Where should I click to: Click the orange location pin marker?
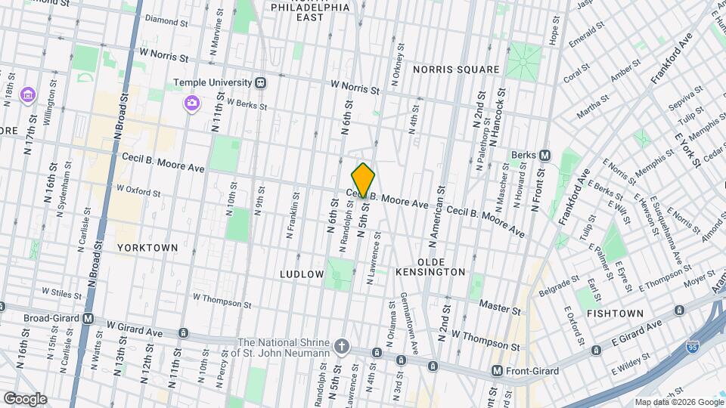click(x=363, y=180)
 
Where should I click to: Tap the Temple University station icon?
click(x=260, y=82)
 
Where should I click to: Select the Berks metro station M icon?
click(x=544, y=155)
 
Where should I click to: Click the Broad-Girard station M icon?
click(x=88, y=319)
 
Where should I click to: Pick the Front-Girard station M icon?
click(x=497, y=370)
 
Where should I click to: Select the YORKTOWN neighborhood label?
click(x=147, y=247)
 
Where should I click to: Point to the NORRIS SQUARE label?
click(x=456, y=70)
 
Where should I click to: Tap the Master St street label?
click(x=501, y=308)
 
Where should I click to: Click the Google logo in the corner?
click(x=25, y=399)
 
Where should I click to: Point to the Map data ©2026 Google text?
click(x=678, y=402)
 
